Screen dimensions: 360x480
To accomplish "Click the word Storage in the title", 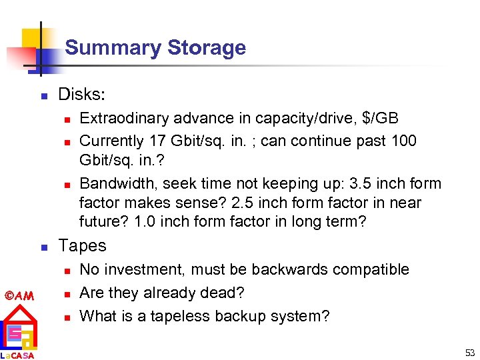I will [207, 48].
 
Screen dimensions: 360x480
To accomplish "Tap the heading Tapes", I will [83, 245].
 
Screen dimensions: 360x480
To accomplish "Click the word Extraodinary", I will [124, 119].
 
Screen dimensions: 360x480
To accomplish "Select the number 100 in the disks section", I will [421, 141].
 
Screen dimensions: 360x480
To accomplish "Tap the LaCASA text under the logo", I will [17, 355].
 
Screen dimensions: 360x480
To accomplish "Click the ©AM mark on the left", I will [17, 295].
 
